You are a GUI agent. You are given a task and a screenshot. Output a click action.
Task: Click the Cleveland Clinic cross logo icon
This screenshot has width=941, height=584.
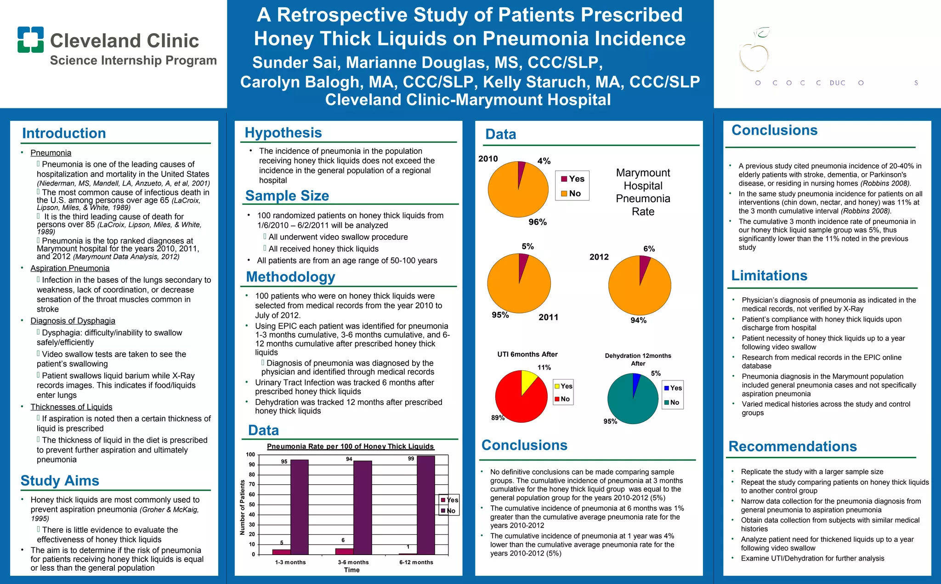click(x=31, y=40)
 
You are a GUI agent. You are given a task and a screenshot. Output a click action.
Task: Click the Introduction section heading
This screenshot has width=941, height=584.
click(x=64, y=133)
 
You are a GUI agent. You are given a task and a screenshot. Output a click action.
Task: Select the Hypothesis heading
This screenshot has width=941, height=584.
click(x=283, y=133)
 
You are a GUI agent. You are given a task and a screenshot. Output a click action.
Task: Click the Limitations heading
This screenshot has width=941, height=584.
click(x=769, y=275)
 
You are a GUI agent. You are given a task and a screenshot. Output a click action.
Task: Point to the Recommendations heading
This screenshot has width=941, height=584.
click(x=793, y=446)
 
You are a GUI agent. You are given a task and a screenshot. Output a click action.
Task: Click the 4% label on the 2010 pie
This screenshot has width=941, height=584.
click(x=544, y=161)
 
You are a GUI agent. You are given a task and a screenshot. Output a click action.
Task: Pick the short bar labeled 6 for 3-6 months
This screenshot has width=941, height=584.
click(x=344, y=551)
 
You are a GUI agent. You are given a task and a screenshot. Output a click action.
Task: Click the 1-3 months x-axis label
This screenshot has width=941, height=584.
click(x=290, y=562)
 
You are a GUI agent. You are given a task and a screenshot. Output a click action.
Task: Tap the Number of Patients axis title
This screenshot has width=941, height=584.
click(x=243, y=507)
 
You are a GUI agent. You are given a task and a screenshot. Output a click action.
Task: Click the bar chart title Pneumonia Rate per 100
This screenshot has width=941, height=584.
click(x=350, y=447)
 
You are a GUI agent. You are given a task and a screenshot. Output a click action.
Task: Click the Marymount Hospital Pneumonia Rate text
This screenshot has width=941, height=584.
click(x=643, y=192)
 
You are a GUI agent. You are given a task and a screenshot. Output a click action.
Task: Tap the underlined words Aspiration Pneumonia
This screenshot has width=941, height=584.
click(x=70, y=268)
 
